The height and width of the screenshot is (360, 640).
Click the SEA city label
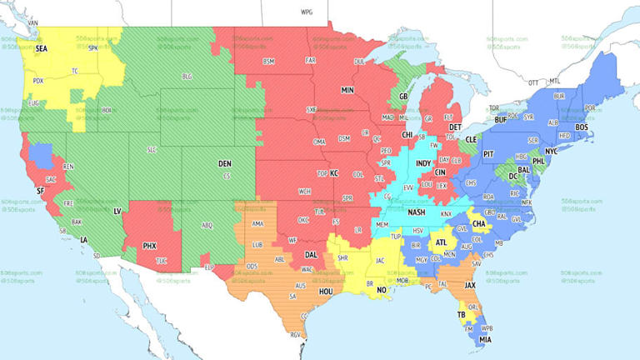41,48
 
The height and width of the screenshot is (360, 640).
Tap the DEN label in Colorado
224,164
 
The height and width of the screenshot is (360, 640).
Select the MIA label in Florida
484,339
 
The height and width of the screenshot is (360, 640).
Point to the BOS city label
582,127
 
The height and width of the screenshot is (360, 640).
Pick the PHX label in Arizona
149,246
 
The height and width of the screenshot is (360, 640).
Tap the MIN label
347,90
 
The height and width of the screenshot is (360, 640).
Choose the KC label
334,173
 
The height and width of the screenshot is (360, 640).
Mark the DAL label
311,254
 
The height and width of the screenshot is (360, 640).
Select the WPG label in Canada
306,12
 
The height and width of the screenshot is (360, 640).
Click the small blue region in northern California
38,153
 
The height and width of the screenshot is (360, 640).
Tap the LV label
117,212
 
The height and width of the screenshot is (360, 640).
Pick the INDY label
423,162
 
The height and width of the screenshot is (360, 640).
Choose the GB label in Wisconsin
402,96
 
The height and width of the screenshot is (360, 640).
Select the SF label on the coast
40,191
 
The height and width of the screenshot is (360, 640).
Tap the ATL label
441,242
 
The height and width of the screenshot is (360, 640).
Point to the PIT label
488,154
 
